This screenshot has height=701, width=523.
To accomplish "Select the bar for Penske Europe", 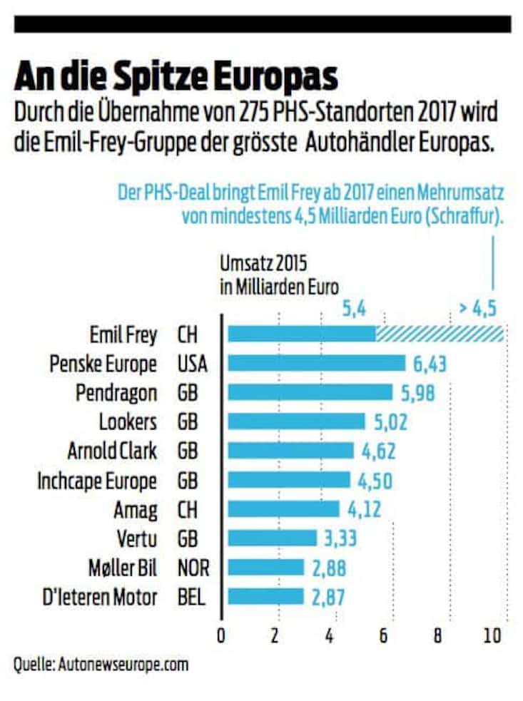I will pyautogui.click(x=316, y=363).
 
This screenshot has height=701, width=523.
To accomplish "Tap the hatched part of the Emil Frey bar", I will pyautogui.click(x=440, y=334).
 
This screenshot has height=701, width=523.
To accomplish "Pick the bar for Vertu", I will pyautogui.click(x=272, y=538).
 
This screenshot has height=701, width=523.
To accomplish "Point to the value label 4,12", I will pyautogui.click(x=365, y=509).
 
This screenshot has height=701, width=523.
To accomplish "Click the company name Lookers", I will pyautogui.click(x=128, y=421).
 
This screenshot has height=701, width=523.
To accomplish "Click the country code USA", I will pyautogui.click(x=192, y=364).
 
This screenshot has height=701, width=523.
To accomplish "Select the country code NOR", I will pyautogui.click(x=192, y=568).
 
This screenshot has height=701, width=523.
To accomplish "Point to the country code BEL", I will pyautogui.click(x=191, y=597).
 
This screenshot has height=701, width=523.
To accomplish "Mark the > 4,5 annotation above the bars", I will pyautogui.click(x=477, y=309).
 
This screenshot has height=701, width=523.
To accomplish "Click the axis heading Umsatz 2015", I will pyautogui.click(x=263, y=265).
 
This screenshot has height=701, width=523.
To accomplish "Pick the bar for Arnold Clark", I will pyautogui.click(x=290, y=451).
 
